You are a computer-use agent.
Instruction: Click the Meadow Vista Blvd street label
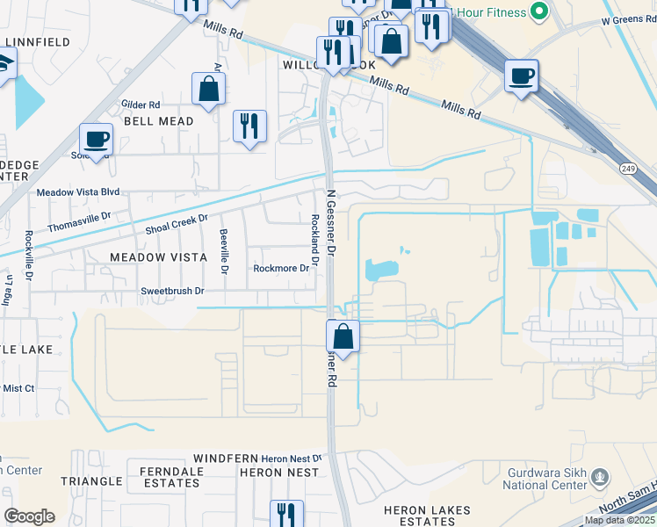77,191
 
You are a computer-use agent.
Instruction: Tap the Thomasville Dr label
80,220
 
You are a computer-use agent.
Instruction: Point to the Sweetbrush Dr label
173,291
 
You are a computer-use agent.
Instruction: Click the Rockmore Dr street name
281,268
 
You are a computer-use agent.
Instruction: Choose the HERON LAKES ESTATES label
427,516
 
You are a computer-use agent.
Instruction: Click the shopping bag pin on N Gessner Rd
343,336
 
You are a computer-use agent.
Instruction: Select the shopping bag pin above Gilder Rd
208,89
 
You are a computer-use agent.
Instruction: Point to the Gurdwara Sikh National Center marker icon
601,477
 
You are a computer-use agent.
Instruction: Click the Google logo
29,516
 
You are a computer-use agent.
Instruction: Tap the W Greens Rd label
628,19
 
